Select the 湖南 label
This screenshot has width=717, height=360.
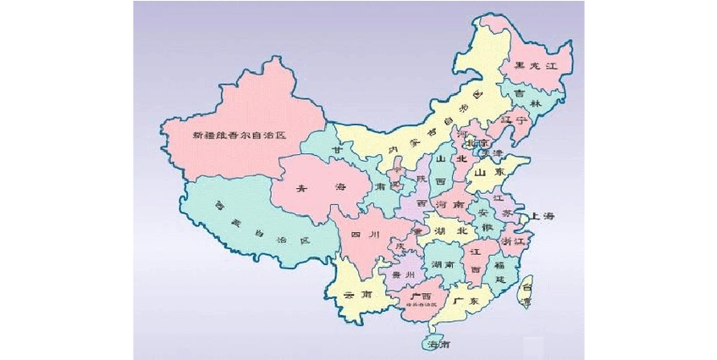coord(443,265)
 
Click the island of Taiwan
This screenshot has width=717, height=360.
coord(526,293)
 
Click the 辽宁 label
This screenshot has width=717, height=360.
coord(516,121)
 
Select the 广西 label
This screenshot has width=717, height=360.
coord(420,296)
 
